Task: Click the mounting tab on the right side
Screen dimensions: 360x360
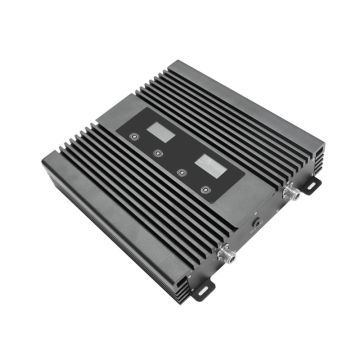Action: [311, 185]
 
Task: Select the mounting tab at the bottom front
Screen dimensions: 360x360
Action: [206, 286]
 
